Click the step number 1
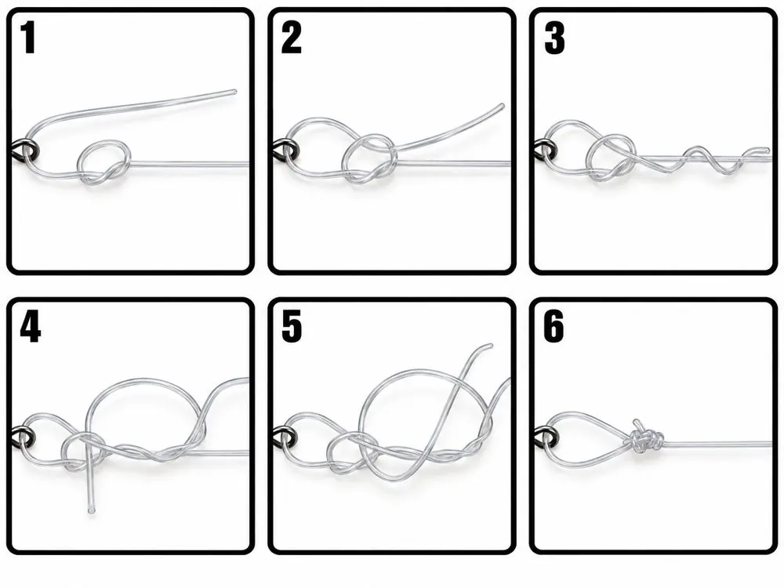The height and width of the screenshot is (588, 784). click(x=28, y=38)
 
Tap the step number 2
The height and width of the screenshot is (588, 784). click(x=292, y=38)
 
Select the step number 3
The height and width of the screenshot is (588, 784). click(x=554, y=38)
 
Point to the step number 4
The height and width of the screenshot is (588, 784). click(x=30, y=327)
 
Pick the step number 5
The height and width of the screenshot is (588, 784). click(x=292, y=327)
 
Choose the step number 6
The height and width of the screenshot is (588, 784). click(x=554, y=327)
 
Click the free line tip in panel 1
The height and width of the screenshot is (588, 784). click(x=234, y=92)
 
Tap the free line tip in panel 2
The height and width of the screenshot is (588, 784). click(x=502, y=106)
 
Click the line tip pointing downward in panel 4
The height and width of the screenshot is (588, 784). click(x=90, y=510)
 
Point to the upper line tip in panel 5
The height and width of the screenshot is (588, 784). click(x=490, y=346)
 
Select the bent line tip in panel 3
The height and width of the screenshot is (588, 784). click(x=766, y=148)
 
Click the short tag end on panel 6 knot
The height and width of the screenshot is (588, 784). click(x=637, y=423)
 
